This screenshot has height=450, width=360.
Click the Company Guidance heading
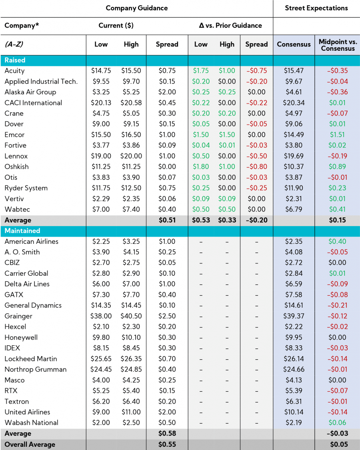pos(137,8)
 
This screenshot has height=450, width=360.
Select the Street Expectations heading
pos(316,8)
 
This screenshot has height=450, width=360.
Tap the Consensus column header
pos(294,44)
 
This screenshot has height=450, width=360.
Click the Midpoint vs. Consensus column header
pos(338,45)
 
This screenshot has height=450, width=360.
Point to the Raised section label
pos(15,60)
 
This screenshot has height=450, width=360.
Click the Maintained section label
pos(22,231)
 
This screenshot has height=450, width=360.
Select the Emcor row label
pos(14,135)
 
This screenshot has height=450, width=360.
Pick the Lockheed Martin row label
pos(31,359)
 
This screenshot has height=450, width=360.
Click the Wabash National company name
pos(31,423)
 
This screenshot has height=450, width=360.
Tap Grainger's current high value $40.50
pos(131,316)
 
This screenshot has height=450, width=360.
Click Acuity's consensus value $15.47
pos(294,71)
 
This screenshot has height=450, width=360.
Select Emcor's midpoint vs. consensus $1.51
pos(338,135)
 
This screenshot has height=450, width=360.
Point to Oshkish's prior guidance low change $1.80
pos(201,167)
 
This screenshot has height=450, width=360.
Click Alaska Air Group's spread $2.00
pos(167,92)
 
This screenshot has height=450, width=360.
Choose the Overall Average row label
pos(30,444)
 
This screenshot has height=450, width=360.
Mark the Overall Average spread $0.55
pos(167,444)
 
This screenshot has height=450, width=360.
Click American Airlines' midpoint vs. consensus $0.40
pos(338,241)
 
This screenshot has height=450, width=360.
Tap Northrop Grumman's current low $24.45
pos(101,370)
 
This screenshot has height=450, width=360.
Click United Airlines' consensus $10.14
pos(294,412)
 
